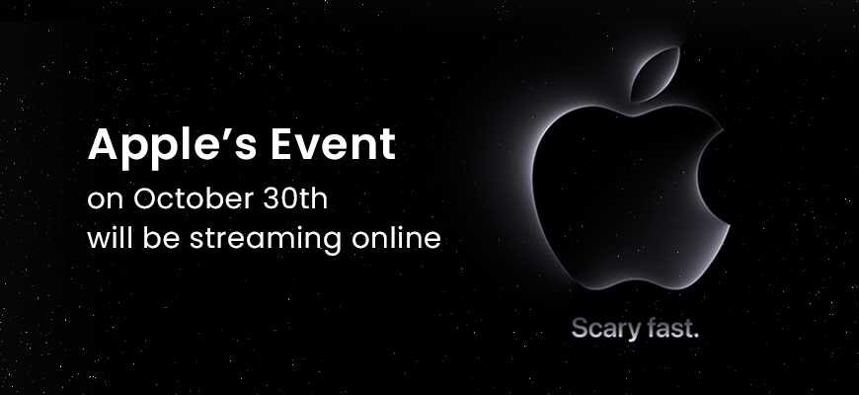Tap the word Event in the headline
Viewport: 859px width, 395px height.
333,143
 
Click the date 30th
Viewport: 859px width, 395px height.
295,198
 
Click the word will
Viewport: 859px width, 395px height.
111,238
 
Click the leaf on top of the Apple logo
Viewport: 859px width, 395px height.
656,74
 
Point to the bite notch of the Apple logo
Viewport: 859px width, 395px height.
711,177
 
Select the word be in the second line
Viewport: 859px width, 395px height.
162,238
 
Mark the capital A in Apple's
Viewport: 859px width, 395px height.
103,143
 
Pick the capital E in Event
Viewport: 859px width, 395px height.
282,143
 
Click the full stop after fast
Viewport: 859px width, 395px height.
696,336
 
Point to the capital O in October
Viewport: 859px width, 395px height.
145,198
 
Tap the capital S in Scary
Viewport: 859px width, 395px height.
580,328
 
